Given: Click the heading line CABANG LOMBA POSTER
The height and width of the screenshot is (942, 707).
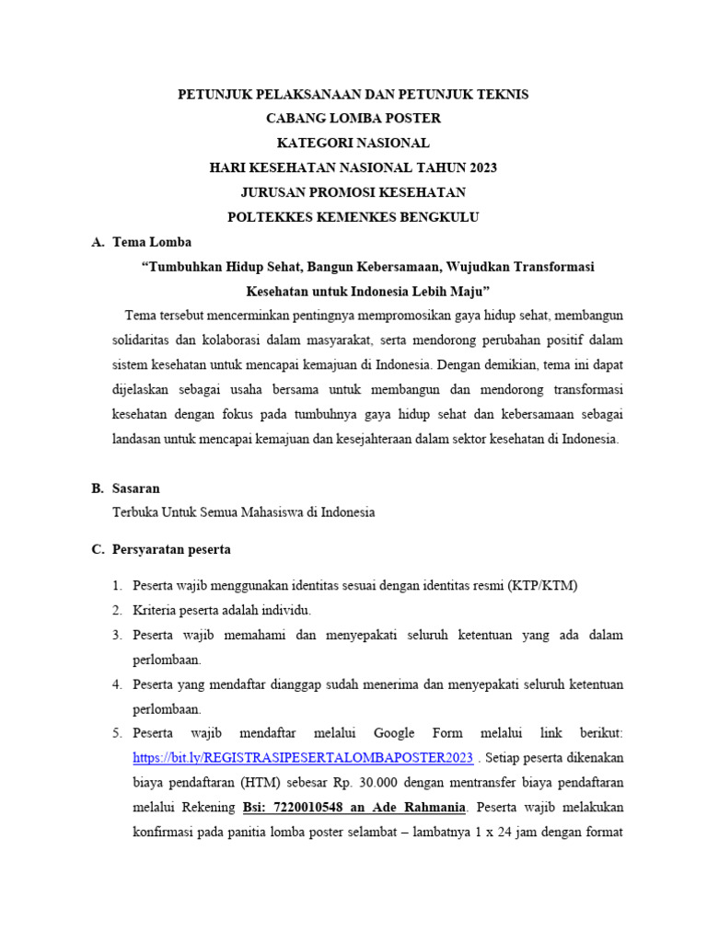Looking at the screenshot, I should click(353, 119).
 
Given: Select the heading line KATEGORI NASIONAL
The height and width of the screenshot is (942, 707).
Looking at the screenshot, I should click(353, 143).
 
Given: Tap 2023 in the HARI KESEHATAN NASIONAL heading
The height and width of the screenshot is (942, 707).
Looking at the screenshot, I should click(481, 167).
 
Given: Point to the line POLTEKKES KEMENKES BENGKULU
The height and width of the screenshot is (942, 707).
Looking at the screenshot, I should click(353, 217).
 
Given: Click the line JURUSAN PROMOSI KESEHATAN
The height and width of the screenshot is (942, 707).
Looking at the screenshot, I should click(353, 192).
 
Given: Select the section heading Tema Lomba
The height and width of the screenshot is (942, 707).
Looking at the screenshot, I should click(152, 242).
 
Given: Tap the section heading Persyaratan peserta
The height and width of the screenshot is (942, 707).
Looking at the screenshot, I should click(171, 549).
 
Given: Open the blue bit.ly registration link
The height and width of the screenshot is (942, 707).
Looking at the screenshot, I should click(303, 758).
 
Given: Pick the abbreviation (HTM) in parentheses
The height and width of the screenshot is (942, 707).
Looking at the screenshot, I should click(266, 784).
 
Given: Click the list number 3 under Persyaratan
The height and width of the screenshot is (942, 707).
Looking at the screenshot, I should click(117, 635).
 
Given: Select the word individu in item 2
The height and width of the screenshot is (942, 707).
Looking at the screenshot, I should click(285, 610).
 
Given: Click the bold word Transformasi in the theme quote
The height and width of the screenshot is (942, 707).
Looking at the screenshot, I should click(550, 267).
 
